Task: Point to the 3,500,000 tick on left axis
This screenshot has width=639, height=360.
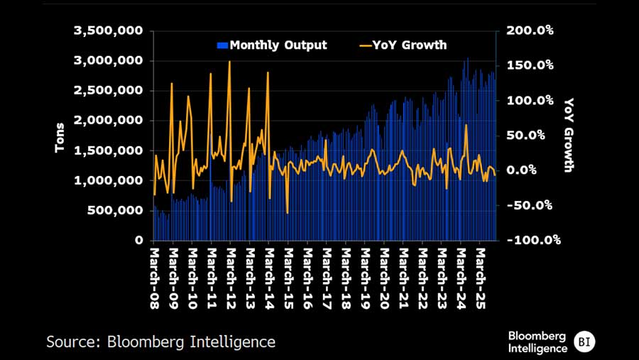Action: click(x=108, y=31)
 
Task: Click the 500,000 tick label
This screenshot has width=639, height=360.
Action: click(x=116, y=211)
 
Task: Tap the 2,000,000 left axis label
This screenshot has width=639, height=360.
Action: click(x=108, y=121)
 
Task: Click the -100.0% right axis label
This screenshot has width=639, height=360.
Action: click(x=531, y=240)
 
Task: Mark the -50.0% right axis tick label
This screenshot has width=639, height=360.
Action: click(x=531, y=205)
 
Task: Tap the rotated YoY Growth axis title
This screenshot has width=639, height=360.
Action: click(x=569, y=136)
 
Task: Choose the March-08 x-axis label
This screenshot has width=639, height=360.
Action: click(x=155, y=273)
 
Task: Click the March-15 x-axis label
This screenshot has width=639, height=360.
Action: click(x=288, y=273)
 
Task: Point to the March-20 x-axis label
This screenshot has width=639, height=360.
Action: click(x=384, y=273)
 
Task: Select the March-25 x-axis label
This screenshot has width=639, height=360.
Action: click(x=480, y=273)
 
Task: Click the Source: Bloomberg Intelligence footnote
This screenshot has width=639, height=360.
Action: click(x=160, y=342)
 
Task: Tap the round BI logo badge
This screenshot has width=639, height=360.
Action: click(x=584, y=342)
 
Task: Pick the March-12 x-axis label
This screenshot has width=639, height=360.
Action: click(x=231, y=273)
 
